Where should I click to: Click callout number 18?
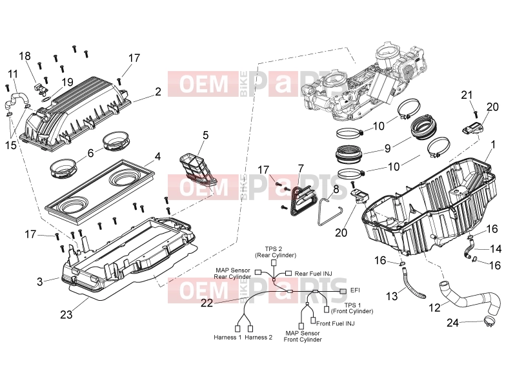point(25,56)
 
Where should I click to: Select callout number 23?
point(66,314)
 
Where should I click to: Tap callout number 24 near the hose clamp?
point(452,323)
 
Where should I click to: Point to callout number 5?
point(205,135)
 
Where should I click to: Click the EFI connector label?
point(355,290)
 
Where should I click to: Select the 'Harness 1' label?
point(228,337)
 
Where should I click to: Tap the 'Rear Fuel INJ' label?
point(314,273)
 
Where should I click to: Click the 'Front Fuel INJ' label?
point(336,323)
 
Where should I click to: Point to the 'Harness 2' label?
point(259,337)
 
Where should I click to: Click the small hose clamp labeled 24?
point(489,321)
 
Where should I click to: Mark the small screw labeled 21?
point(475,114)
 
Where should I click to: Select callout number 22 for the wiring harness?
point(207,303)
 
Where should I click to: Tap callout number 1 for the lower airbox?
point(492,145)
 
